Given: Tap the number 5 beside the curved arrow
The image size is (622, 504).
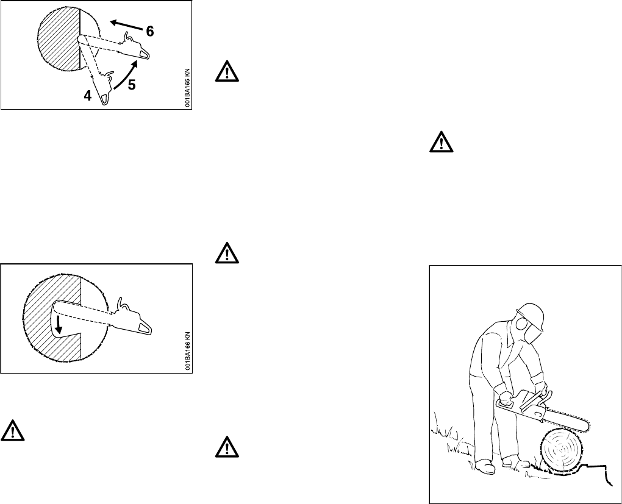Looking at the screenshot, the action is click(x=132, y=86).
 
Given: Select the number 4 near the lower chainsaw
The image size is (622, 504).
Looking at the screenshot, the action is click(x=88, y=95).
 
